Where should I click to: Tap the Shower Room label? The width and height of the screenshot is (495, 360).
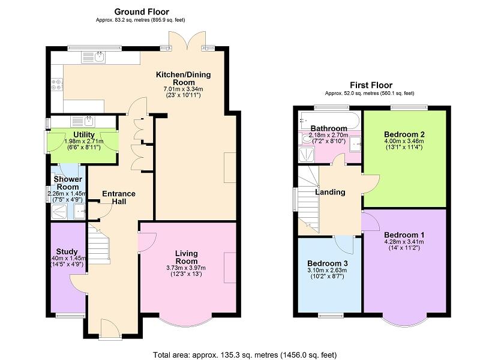68,182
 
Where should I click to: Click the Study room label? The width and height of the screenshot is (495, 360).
67,251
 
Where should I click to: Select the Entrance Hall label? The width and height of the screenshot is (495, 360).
118,197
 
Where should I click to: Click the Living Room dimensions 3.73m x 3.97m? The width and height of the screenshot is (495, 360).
186,268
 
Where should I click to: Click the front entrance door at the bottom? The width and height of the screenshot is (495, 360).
110,329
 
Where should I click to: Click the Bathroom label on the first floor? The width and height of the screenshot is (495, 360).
328,128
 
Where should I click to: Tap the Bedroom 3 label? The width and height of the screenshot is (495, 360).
327,263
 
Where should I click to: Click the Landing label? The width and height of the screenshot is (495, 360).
330,192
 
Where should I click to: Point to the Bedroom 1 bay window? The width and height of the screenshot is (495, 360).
405,319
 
